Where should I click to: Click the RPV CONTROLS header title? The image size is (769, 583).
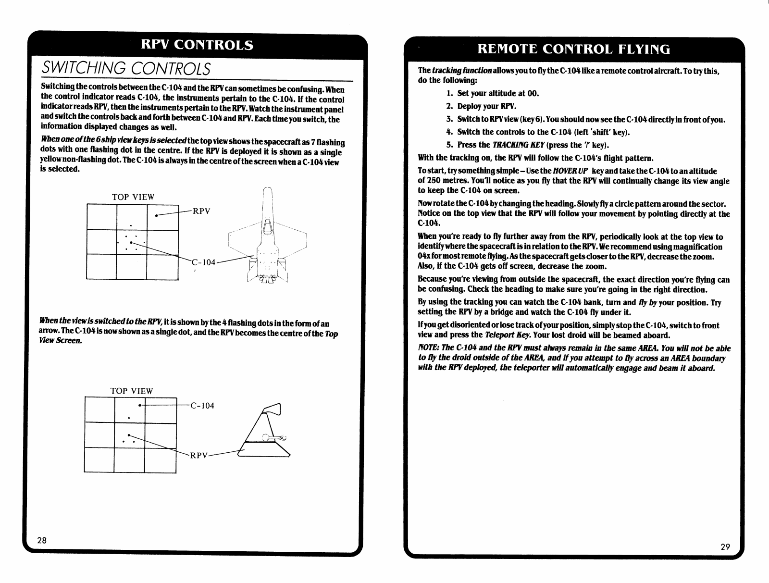pos(197,45)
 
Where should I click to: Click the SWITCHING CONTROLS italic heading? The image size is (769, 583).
pos(126,68)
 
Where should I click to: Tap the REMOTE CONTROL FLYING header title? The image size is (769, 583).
pos(574,50)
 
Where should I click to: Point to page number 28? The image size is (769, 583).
pos(42,540)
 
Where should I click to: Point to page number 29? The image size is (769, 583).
pos(725,546)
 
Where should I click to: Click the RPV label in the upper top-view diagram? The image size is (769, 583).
pos(201,211)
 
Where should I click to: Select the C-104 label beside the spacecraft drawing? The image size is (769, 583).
pos(204,262)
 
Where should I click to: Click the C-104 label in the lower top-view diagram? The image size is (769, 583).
pos(202,406)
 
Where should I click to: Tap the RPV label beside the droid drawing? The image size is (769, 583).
pos(198,456)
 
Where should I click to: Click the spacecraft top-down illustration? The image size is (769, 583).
pos(267,240)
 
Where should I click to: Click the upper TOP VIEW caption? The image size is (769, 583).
pos(133,197)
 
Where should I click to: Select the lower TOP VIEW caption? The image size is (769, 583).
pos(132,391)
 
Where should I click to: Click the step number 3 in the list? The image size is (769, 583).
pos(449,119)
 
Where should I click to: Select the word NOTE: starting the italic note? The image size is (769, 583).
pos(428,348)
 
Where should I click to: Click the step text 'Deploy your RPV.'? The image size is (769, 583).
pos(486,106)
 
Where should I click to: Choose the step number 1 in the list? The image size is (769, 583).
pos(449,93)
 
